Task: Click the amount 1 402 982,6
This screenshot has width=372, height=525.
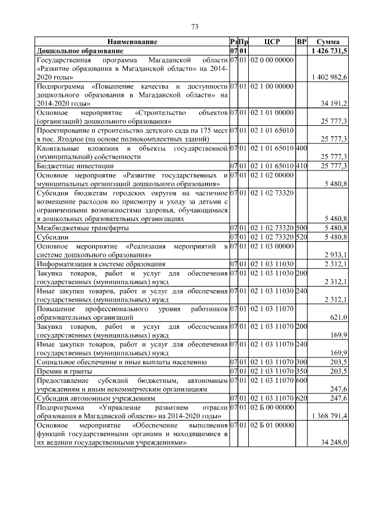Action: tap(330, 77)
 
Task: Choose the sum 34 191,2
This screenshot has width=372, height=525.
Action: tap(334, 103)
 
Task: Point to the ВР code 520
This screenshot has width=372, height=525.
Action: tap(301, 237)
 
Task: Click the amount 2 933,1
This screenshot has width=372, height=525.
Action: tap(335, 255)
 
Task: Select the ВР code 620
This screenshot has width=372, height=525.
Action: tap(301, 399)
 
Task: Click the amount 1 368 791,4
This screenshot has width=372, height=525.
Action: tap(330, 416)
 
